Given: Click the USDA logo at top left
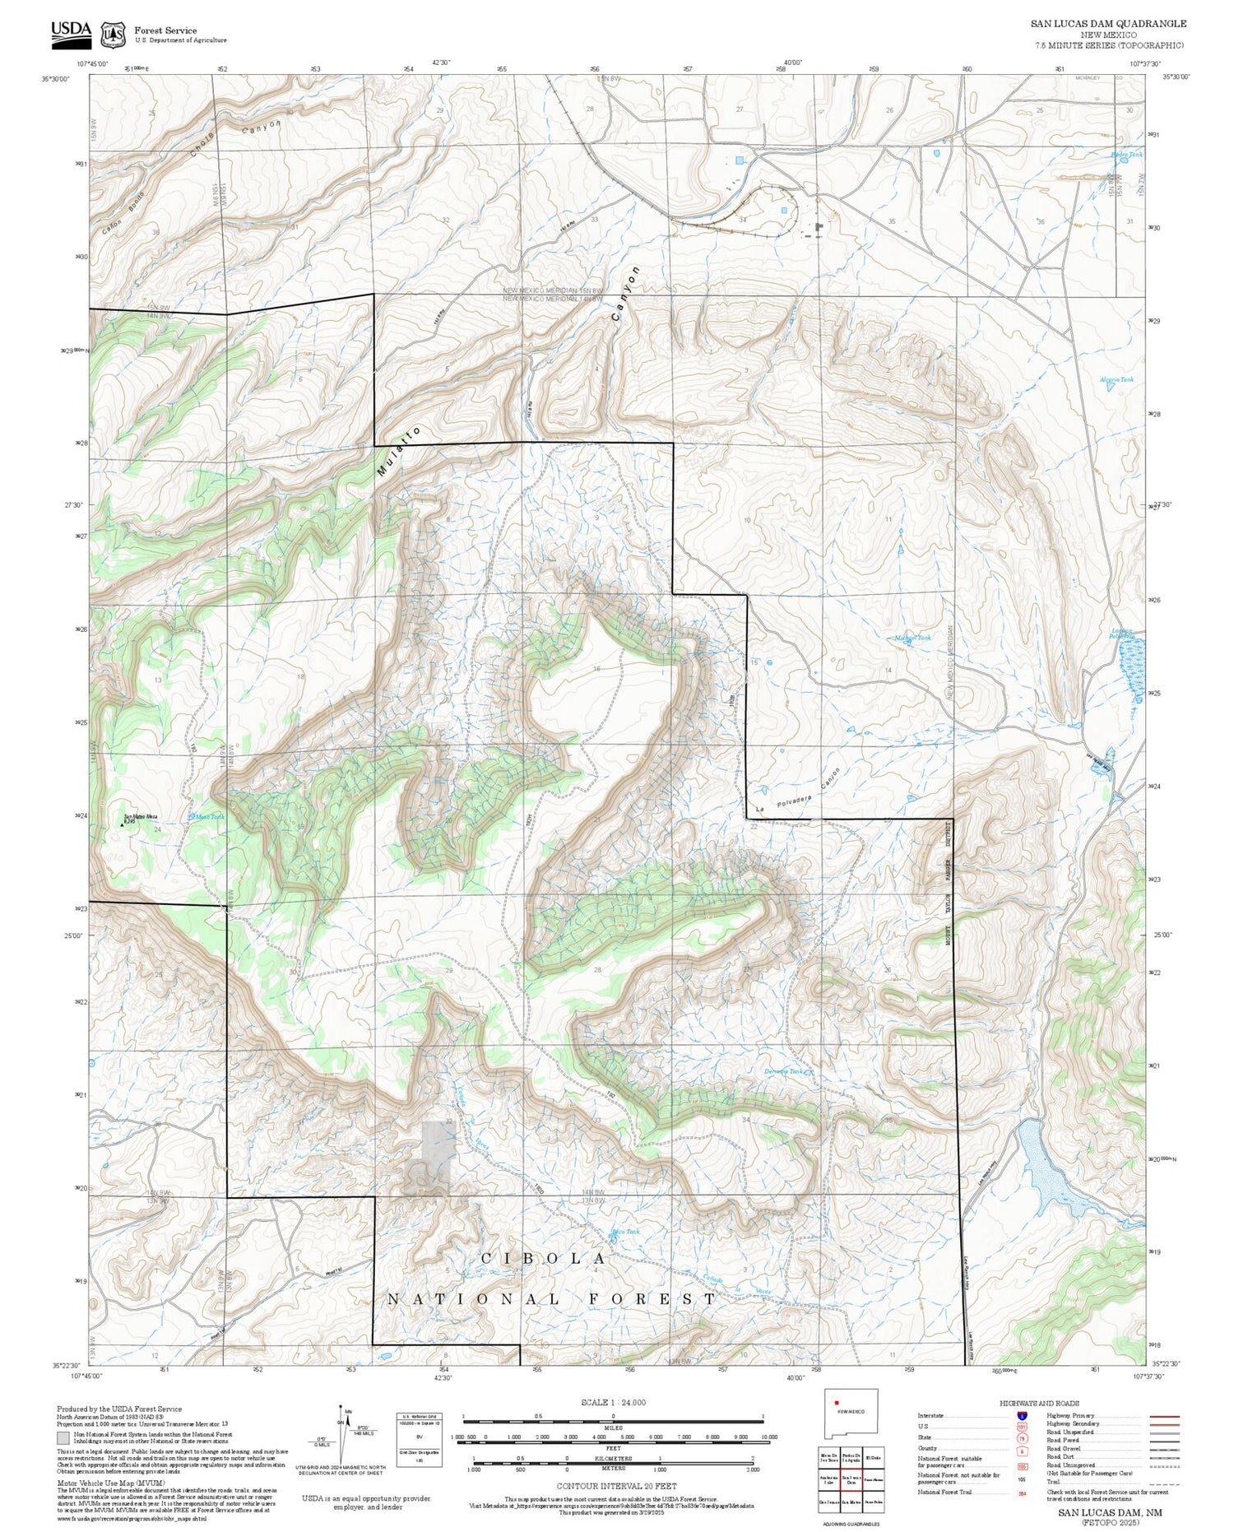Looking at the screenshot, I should tap(71, 30).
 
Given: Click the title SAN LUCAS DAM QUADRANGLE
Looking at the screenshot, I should tap(1108, 24).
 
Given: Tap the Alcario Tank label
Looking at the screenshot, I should tap(1116, 379).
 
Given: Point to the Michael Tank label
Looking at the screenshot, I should tap(912, 638).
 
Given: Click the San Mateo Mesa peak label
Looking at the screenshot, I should tap(140, 817).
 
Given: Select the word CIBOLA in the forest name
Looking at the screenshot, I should tap(544, 1259).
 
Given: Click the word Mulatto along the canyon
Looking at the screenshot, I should tap(398, 452).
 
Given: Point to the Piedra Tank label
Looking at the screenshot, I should tap(1126, 155).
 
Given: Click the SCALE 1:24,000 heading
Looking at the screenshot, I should tap(613, 1403).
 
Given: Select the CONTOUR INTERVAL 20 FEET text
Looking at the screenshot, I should tap(616, 1486).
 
